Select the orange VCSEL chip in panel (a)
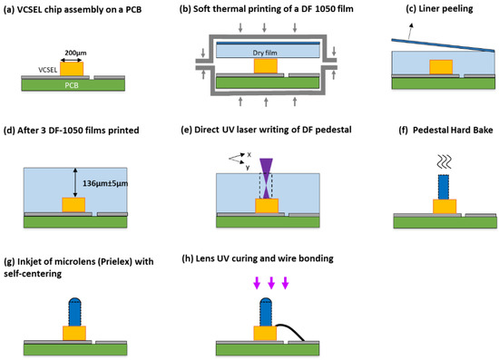(x=73, y=68)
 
